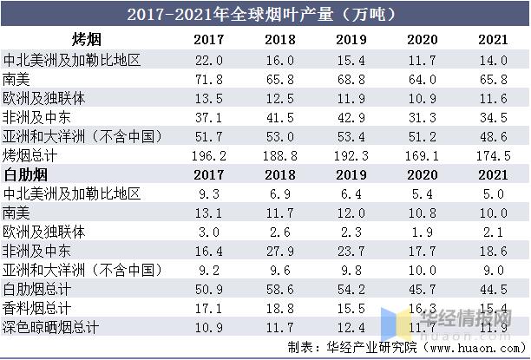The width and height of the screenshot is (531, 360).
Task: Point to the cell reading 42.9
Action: pos(348,118)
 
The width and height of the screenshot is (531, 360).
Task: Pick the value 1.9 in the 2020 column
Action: pos(423,232)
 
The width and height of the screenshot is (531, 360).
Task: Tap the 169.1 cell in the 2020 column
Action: pos(423,156)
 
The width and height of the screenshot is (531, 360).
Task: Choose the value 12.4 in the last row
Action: pos(348,327)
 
